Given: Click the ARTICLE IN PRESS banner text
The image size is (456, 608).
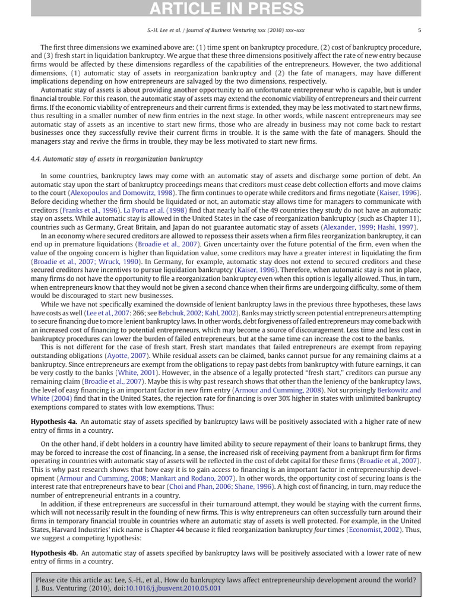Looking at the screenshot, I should point(228,8).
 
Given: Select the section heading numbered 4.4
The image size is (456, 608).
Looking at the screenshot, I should point(116,159).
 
